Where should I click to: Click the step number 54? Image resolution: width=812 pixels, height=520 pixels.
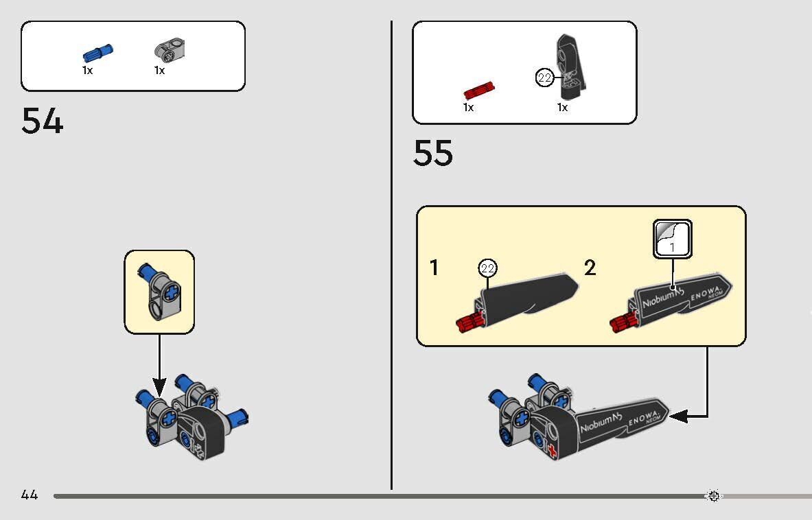point(43,121)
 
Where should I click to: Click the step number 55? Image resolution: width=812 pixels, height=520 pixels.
point(433,152)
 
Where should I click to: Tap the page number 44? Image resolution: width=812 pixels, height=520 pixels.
point(30,495)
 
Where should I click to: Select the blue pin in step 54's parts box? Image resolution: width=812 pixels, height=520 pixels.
point(98,53)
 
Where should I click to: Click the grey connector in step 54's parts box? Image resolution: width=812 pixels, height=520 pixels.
point(170,49)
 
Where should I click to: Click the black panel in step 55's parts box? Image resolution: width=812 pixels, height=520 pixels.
point(571,67)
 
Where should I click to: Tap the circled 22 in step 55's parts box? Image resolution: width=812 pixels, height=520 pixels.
point(544,78)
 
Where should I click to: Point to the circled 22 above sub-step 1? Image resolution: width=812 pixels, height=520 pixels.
point(488,268)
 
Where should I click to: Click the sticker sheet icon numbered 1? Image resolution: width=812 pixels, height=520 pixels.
point(673,239)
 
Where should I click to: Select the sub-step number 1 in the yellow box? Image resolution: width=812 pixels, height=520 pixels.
point(434,268)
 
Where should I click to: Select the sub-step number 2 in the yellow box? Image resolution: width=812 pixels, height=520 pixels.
point(590,268)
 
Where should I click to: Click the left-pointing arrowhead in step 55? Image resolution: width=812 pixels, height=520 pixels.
point(678,416)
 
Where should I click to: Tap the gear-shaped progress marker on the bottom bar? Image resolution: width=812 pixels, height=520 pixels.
point(714,496)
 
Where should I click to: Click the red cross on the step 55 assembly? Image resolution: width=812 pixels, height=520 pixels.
point(552,451)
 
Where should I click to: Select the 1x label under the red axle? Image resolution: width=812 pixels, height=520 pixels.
point(469,108)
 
